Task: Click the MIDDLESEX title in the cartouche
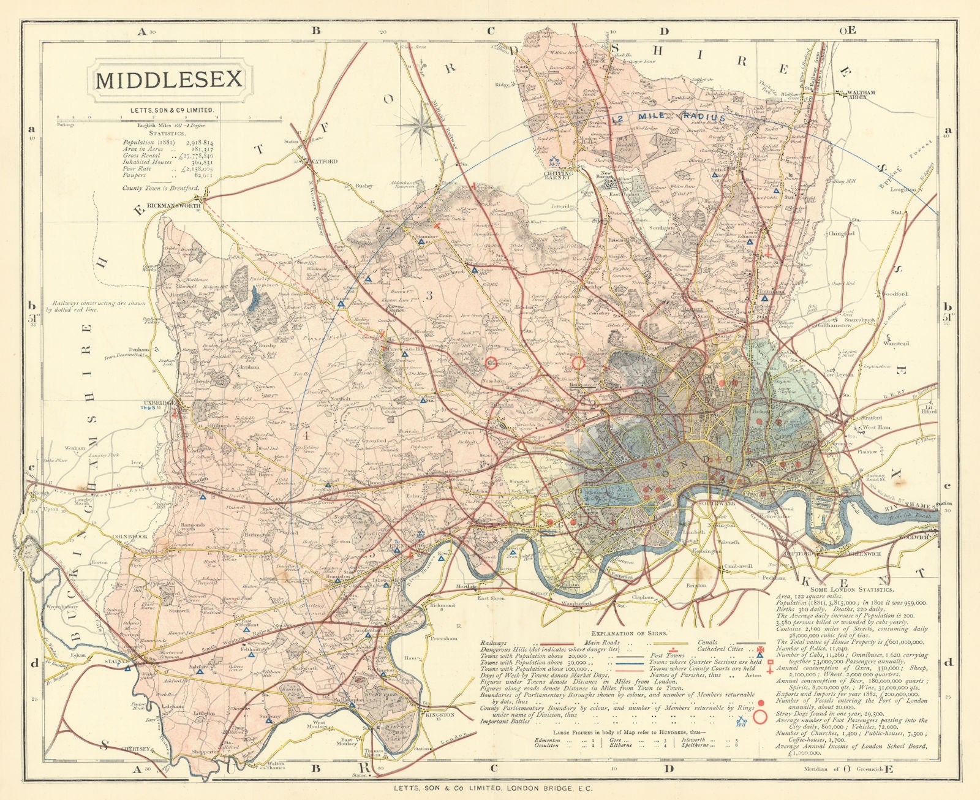click(169, 80)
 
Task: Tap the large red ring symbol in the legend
click(761, 717)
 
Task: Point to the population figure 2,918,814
click(194, 142)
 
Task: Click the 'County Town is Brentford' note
click(160, 188)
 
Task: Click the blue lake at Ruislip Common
click(254, 300)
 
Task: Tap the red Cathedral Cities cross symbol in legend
click(761, 649)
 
